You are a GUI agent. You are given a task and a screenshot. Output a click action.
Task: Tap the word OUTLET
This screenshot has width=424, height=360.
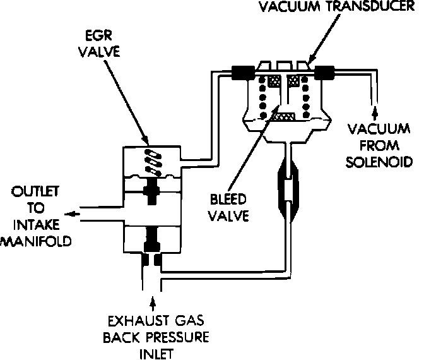[x=25, y=191]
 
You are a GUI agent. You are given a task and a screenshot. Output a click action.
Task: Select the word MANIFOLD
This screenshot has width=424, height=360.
[x=35, y=241]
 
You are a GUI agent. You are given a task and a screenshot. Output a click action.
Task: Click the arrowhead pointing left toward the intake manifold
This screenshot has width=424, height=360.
[x=71, y=214]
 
